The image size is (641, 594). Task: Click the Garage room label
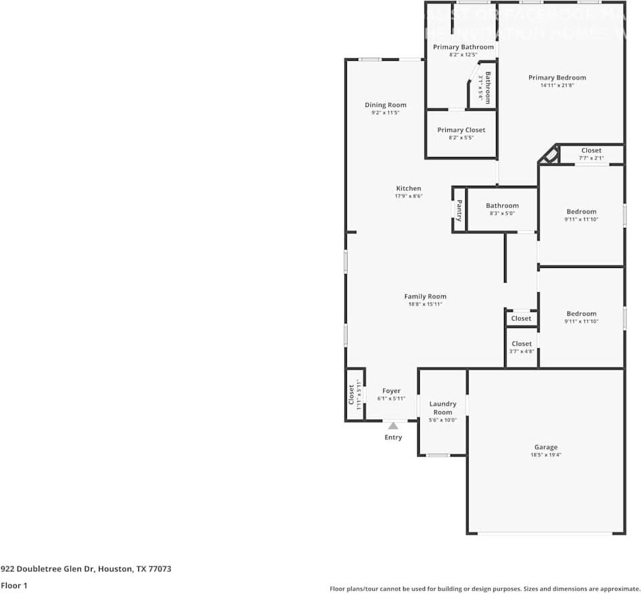pos(545,447)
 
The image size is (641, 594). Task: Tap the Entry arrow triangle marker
pos(393,426)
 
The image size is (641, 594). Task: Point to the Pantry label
pos(459,210)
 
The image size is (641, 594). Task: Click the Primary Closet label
pos(461,130)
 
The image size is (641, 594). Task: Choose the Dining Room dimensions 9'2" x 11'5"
pos(385,113)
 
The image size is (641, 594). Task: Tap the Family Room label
pos(425,296)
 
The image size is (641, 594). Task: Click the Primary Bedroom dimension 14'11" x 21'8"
pos(557,86)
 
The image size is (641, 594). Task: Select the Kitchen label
pos(408,188)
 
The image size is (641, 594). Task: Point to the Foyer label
pos(391,391)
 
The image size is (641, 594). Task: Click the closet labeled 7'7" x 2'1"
pos(591,158)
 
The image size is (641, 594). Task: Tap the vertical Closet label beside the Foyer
pos(352,394)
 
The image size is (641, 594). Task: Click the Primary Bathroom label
pos(463,47)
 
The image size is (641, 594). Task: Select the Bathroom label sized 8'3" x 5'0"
pos(502,206)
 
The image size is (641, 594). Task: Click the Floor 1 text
pos(14,585)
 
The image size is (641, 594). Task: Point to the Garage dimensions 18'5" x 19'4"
pos(545,455)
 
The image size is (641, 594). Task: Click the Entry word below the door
pos(393,437)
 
